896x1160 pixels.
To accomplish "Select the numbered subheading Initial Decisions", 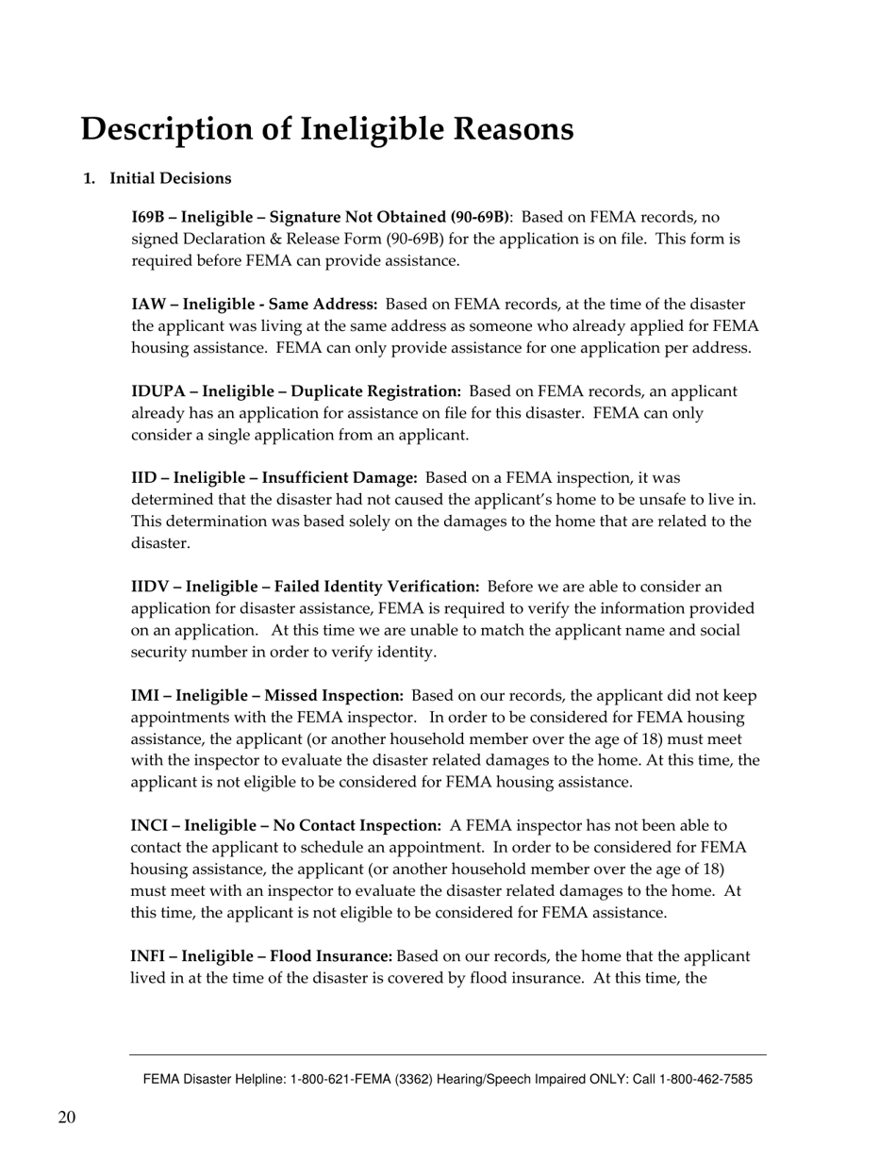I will pyautogui.click(x=171, y=179).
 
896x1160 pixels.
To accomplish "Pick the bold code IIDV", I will pyautogui.click(x=149, y=588).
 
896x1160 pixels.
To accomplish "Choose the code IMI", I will pyautogui.click(x=146, y=696).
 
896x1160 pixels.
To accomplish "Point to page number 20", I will pyautogui.click(x=67, y=1119).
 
